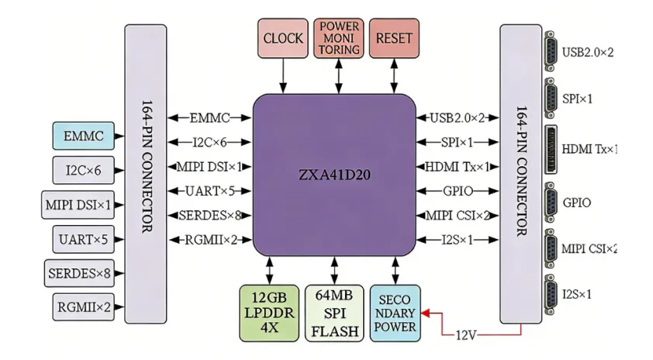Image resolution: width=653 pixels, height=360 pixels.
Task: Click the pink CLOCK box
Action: pyautogui.click(x=283, y=38)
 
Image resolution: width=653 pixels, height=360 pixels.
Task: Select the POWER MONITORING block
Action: pyautogui.click(x=339, y=38)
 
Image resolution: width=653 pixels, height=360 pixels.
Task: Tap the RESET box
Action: pyautogui.click(x=394, y=38)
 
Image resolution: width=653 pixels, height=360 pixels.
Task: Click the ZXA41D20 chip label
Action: pyautogui.click(x=334, y=175)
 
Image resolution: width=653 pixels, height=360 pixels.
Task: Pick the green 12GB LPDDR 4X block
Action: pyautogui.click(x=269, y=313)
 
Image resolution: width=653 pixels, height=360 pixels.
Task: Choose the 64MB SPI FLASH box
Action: pyautogui.click(x=334, y=313)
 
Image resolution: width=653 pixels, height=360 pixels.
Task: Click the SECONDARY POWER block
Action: pyautogui.click(x=395, y=313)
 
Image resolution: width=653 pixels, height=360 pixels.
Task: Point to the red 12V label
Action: pyautogui.click(x=465, y=335)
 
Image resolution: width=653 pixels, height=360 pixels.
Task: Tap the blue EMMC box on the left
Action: pyautogui.click(x=83, y=136)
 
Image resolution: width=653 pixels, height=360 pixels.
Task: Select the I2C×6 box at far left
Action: pyautogui.click(x=83, y=170)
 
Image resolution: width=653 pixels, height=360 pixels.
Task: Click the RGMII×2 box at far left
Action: pyautogui.click(x=83, y=307)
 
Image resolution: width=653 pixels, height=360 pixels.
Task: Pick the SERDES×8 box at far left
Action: pyautogui.click(x=79, y=273)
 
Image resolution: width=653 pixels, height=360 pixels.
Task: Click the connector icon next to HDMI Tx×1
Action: pyautogui.click(x=551, y=149)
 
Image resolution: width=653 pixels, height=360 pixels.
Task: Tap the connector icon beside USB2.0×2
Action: pyautogui.click(x=551, y=51)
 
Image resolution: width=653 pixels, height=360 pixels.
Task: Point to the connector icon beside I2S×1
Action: pyautogui.click(x=551, y=295)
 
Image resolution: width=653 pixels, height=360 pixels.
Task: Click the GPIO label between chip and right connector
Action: pyautogui.click(x=458, y=191)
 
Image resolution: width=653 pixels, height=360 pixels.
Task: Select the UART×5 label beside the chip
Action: pyautogui.click(x=210, y=191)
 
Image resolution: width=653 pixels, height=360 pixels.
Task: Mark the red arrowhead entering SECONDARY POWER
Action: pyautogui.click(x=426, y=313)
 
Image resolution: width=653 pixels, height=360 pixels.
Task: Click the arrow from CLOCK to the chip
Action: pyautogui.click(x=283, y=76)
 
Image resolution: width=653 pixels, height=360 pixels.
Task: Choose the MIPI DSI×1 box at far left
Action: pyautogui.click(x=78, y=205)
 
